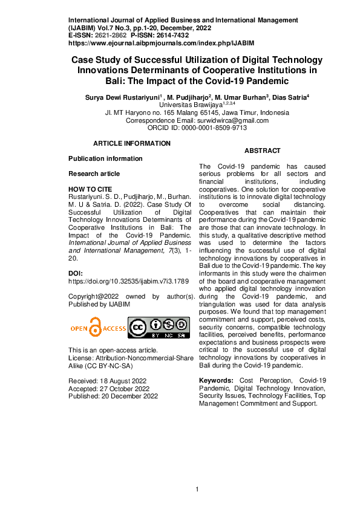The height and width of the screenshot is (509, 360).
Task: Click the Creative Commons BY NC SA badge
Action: tap(159, 327)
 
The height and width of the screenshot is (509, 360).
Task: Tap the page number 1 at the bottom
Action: tap(197, 489)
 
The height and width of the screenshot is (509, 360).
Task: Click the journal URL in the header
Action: tap(161, 44)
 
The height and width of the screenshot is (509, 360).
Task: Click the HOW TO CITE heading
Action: tap(90, 189)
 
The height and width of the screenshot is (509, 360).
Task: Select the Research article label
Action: tap(94, 173)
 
